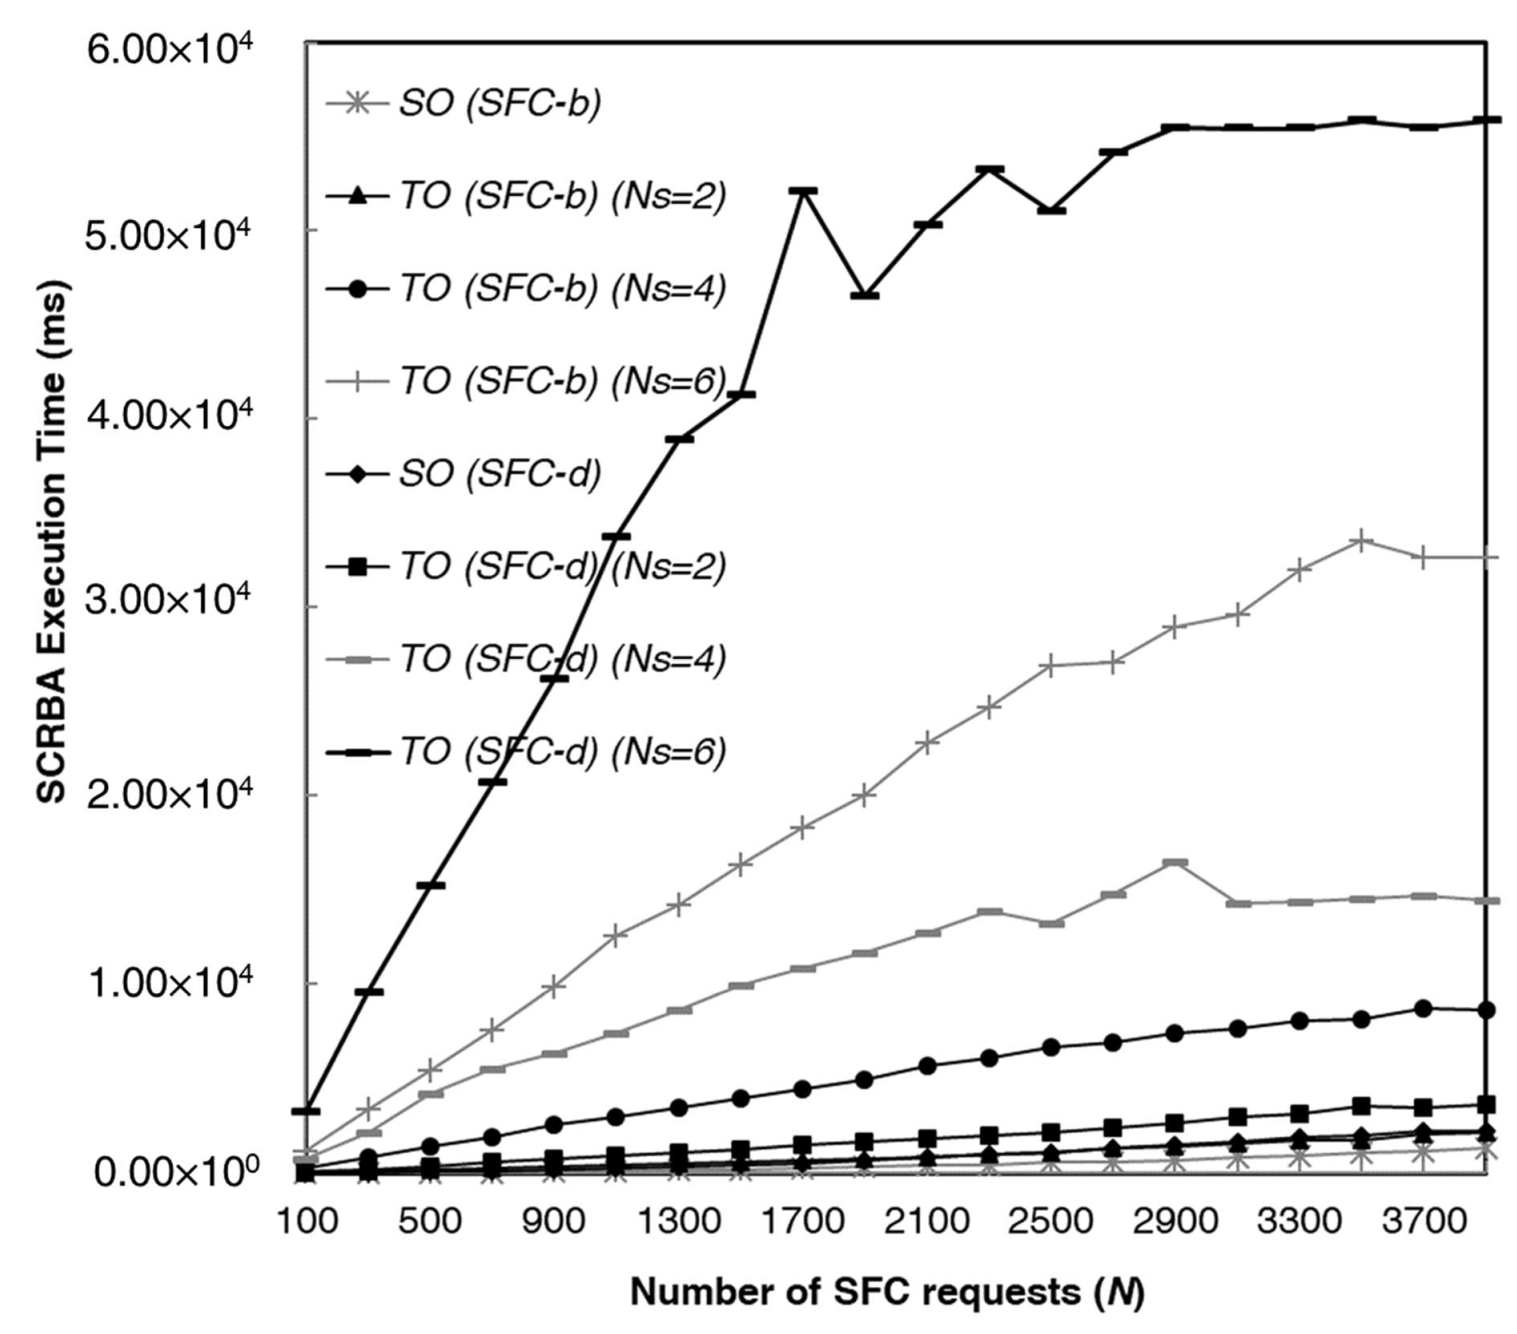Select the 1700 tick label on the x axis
(803, 1221)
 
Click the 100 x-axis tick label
(306, 1221)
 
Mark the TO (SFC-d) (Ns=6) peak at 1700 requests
(803, 192)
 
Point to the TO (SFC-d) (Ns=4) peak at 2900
(1175, 862)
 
